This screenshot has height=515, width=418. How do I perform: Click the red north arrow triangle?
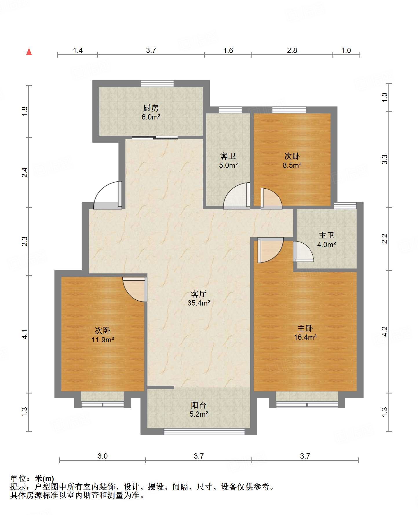[x=29, y=51]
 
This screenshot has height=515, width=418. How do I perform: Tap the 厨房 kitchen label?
[x=151, y=108]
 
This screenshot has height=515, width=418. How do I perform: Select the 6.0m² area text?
[x=151, y=117]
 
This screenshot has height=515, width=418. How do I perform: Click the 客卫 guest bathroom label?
[x=228, y=156]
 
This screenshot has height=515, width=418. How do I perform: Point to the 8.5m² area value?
[x=292, y=165]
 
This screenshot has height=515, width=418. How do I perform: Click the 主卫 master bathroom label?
[x=326, y=236]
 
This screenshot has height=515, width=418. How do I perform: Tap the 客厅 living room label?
[x=199, y=294]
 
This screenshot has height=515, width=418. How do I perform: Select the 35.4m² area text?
[x=199, y=303]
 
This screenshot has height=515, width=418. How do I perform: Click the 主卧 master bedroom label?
[x=305, y=328]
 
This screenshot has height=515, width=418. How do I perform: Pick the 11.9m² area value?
[x=103, y=339]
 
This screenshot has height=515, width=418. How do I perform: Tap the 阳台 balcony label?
[x=199, y=405]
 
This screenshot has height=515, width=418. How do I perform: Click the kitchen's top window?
[x=157, y=83]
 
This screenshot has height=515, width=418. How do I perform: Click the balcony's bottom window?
[x=204, y=432]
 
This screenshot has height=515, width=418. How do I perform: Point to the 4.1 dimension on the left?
[x=25, y=334]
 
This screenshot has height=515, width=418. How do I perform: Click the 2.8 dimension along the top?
[x=292, y=51]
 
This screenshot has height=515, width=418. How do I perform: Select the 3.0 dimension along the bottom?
[x=103, y=456]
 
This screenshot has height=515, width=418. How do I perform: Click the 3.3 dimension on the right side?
[x=384, y=160]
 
